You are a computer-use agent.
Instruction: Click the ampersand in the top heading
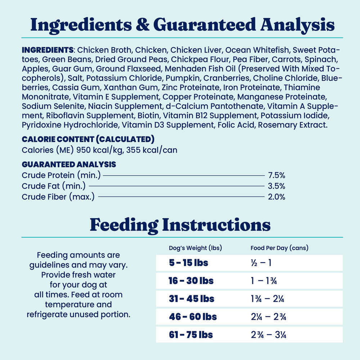point(144,25)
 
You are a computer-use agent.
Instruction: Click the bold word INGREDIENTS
point(48,49)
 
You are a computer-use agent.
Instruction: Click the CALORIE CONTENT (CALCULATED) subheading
point(88,139)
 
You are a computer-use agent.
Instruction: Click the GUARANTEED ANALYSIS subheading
point(69,165)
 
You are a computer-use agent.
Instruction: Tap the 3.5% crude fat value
point(276,186)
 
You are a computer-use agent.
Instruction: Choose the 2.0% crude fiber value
point(276,197)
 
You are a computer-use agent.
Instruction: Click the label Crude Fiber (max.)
point(58,197)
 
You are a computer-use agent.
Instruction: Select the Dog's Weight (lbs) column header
point(195,248)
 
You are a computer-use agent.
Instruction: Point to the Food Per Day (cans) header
point(279,248)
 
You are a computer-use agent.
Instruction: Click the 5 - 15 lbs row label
point(189,263)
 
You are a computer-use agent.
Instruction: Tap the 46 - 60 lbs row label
point(193,317)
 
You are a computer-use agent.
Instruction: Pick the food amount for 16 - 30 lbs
point(264,281)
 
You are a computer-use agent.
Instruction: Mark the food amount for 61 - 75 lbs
point(269,335)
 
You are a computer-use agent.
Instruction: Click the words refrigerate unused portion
point(78,314)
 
